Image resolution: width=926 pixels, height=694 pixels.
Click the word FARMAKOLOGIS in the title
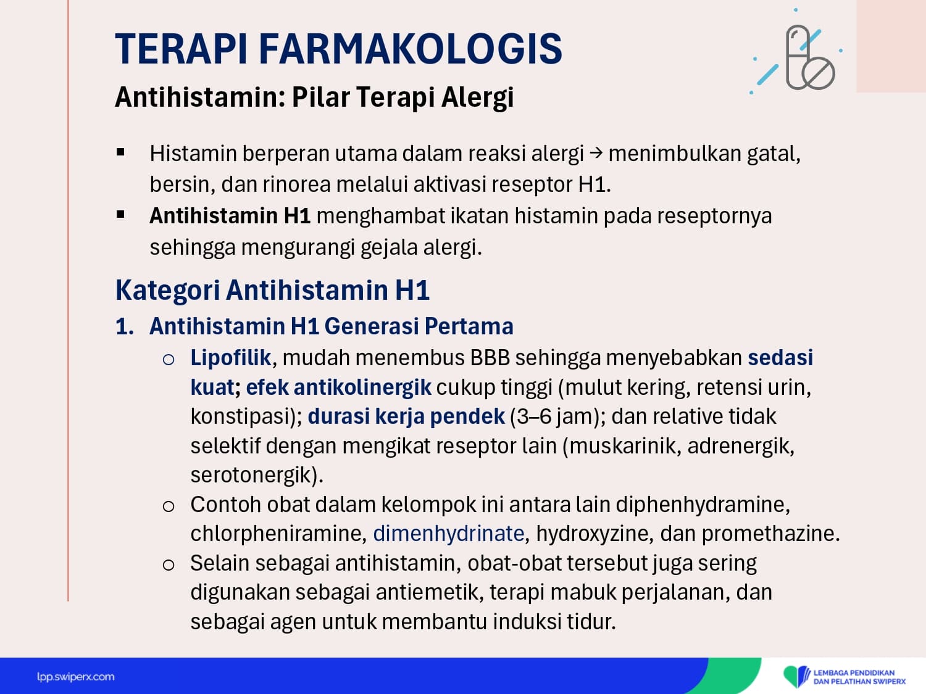coord(410,49)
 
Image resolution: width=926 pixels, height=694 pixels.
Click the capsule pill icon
coord(798,57)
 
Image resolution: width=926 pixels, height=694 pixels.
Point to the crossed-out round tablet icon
coord(819,73)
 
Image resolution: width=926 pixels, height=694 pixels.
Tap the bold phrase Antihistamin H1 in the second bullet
coord(230,216)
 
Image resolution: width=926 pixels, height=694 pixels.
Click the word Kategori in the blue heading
coord(167,291)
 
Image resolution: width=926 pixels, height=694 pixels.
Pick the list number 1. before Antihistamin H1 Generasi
coord(125,326)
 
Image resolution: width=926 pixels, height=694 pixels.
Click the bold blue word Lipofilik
coord(231,358)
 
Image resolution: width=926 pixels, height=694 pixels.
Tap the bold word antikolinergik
coord(362,387)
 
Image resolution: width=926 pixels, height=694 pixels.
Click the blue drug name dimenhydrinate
coord(449,534)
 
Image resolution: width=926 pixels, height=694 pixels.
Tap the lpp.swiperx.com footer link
coord(75,677)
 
